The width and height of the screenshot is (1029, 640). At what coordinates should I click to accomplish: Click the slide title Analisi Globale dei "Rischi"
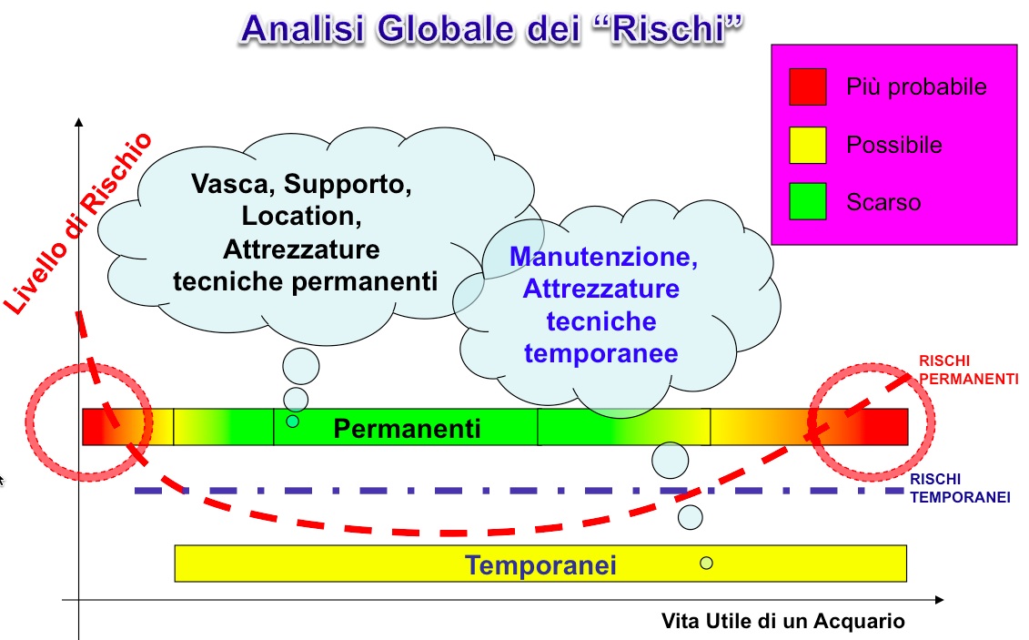coord(492,29)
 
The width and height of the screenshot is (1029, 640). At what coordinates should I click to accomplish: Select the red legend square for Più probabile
coord(808,86)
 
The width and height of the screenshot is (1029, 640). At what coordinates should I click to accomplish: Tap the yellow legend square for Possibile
coord(808,145)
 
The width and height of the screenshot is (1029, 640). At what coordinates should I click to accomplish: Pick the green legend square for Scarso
coord(808,201)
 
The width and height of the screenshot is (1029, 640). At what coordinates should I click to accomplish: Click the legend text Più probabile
coord(916,87)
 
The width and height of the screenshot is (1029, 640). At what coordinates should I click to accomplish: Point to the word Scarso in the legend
coord(883,202)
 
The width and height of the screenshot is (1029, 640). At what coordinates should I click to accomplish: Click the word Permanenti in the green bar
coord(407,429)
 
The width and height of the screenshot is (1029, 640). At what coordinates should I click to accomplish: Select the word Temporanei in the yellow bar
coord(540,565)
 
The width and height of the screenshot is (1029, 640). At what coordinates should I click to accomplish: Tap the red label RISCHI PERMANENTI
coord(968,371)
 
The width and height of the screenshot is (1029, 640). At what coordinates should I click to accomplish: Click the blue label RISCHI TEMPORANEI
coord(960,488)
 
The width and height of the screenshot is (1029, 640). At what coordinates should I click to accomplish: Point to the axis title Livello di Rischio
coord(77,224)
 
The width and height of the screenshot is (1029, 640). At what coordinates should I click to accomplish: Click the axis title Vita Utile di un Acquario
coord(783,621)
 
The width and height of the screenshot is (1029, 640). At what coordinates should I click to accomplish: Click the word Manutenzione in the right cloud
coord(603,257)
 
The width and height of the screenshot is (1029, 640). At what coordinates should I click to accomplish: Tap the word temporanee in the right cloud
coord(601,354)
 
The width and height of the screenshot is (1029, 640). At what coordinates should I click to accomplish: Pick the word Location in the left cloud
coord(301,217)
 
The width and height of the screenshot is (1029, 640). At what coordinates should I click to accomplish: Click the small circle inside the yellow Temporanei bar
coord(706,563)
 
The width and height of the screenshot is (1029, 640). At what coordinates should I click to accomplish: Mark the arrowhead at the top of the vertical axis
coord(79,122)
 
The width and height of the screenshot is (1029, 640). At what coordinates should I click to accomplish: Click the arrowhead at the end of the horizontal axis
coord(939,599)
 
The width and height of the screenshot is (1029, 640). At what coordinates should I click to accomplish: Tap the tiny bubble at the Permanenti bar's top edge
coord(293,422)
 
